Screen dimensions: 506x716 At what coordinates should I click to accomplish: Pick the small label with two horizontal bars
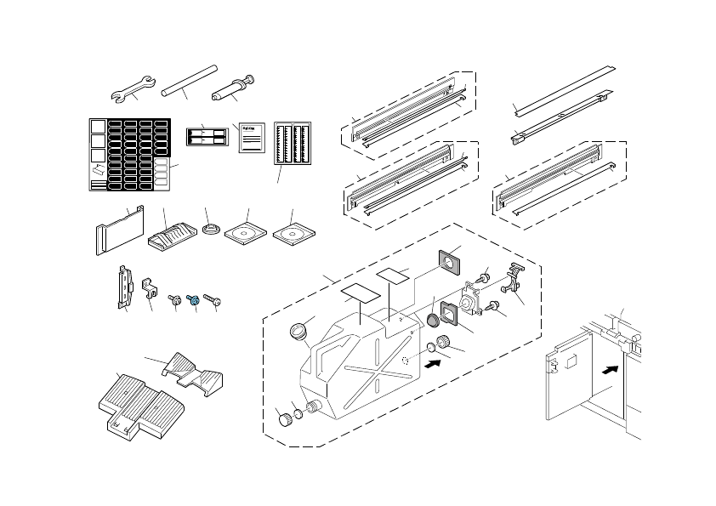pyautogui.click(x=207, y=136)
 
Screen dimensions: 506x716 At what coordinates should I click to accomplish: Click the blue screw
pyautogui.click(x=195, y=299)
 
